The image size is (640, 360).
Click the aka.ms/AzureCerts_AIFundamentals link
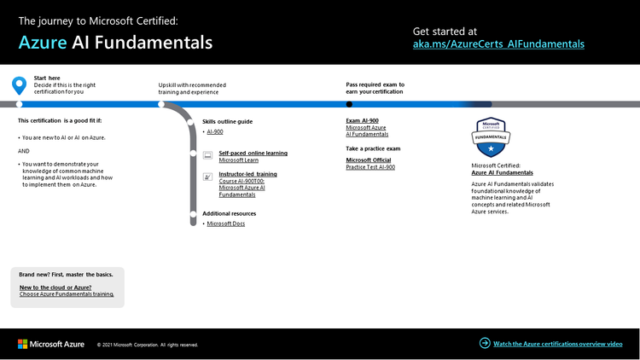coord(498,43)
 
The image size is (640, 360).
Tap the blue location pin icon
coord(19,85)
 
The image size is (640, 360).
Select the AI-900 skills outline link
coord(215,132)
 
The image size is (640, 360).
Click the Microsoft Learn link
coord(238,160)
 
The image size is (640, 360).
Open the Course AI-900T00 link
coord(241,181)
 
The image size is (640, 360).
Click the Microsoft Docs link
coord(226,224)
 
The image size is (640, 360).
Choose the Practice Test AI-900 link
coord(370,167)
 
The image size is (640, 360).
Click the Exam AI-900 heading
coord(362,121)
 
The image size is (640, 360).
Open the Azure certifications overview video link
coord(558,344)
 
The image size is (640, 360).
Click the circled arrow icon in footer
coord(485,344)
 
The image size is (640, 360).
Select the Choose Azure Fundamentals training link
coord(67,294)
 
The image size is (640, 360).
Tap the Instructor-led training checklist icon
coord(207,177)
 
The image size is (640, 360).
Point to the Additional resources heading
coord(229,213)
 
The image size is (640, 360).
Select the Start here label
coord(46,78)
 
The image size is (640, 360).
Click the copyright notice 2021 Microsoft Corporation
coord(148,345)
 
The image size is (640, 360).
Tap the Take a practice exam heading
coord(373,148)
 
